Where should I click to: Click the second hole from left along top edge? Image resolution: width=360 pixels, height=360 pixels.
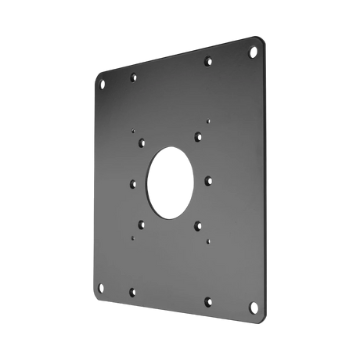(133, 78)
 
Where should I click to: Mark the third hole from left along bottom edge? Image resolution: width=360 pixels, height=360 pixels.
(208, 298)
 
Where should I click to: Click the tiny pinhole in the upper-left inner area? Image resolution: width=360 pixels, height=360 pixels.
(135, 130)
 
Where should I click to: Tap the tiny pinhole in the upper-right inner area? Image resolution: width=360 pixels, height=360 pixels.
(208, 121)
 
